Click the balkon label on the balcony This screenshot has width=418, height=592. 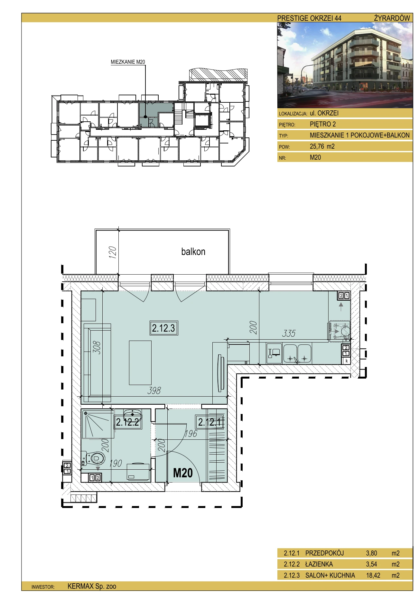(x=193, y=251)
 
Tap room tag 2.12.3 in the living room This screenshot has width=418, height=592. (x=164, y=328)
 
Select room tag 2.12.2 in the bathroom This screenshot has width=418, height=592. (x=127, y=422)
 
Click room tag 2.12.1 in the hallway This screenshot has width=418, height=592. (x=210, y=422)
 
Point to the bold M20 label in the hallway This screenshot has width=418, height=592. (x=183, y=473)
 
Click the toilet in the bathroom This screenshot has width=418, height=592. (x=96, y=457)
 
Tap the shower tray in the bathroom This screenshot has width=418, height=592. (x=98, y=424)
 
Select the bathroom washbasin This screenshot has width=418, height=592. (x=133, y=414)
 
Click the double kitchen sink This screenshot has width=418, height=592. (x=297, y=354)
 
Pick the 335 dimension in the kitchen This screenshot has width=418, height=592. (x=289, y=334)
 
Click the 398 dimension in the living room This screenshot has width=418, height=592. (x=154, y=390)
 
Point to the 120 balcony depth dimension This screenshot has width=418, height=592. (x=112, y=253)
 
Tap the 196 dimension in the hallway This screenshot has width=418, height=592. (x=191, y=434)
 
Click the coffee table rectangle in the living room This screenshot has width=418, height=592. (x=140, y=362)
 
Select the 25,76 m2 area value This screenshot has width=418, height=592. (x=322, y=146)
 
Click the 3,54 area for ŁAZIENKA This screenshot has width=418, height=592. (x=371, y=564)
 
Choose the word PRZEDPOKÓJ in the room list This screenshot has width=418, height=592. (x=324, y=553)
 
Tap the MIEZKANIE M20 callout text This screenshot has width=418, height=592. (x=128, y=62)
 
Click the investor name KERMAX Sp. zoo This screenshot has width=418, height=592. (x=92, y=586)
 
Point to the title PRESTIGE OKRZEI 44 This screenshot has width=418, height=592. (x=309, y=18)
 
